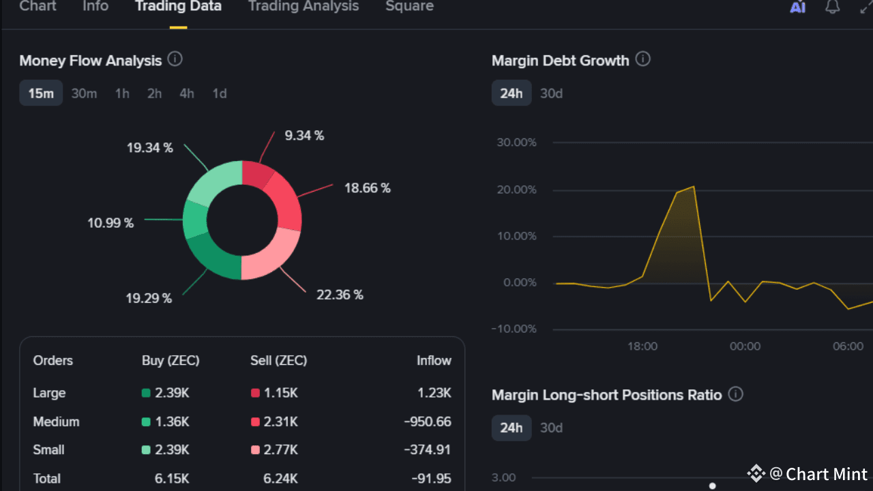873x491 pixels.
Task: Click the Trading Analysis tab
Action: click(x=303, y=6)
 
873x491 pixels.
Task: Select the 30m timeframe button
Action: click(x=84, y=93)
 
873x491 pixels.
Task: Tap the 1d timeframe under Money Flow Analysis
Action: click(x=219, y=93)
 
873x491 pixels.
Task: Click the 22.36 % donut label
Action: click(x=340, y=295)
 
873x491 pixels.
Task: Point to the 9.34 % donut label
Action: click(x=304, y=136)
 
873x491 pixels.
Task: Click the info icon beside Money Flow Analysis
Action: click(x=175, y=59)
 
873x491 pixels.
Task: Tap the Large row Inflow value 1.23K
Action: click(x=434, y=393)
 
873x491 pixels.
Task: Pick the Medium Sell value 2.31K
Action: click(x=282, y=421)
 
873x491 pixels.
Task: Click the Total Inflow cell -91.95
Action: click(x=431, y=479)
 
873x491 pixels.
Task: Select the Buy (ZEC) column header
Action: click(x=171, y=360)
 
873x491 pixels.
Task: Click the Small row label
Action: click(x=49, y=450)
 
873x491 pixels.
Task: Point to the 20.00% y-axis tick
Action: click(x=516, y=190)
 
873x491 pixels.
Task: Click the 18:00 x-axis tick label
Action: click(x=642, y=346)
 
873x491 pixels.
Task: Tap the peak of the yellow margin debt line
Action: click(x=694, y=186)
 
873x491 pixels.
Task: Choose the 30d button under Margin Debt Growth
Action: click(x=551, y=93)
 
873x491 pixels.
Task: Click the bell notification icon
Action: click(x=832, y=7)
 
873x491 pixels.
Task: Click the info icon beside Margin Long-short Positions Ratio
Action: click(x=735, y=394)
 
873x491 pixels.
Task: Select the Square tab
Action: click(x=409, y=6)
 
